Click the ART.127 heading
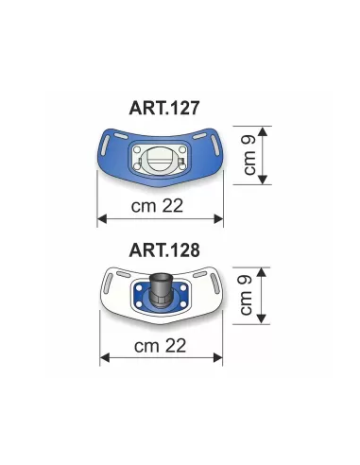tap(164, 108)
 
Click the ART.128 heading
tap(164, 250)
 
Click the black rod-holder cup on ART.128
tap(161, 289)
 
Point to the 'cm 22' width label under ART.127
tap(157, 206)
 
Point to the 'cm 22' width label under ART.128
tap(160, 346)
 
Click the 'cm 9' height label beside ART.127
tap(249, 155)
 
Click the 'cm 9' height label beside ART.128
tap(246, 295)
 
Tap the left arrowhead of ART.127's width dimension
tap(102, 218)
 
